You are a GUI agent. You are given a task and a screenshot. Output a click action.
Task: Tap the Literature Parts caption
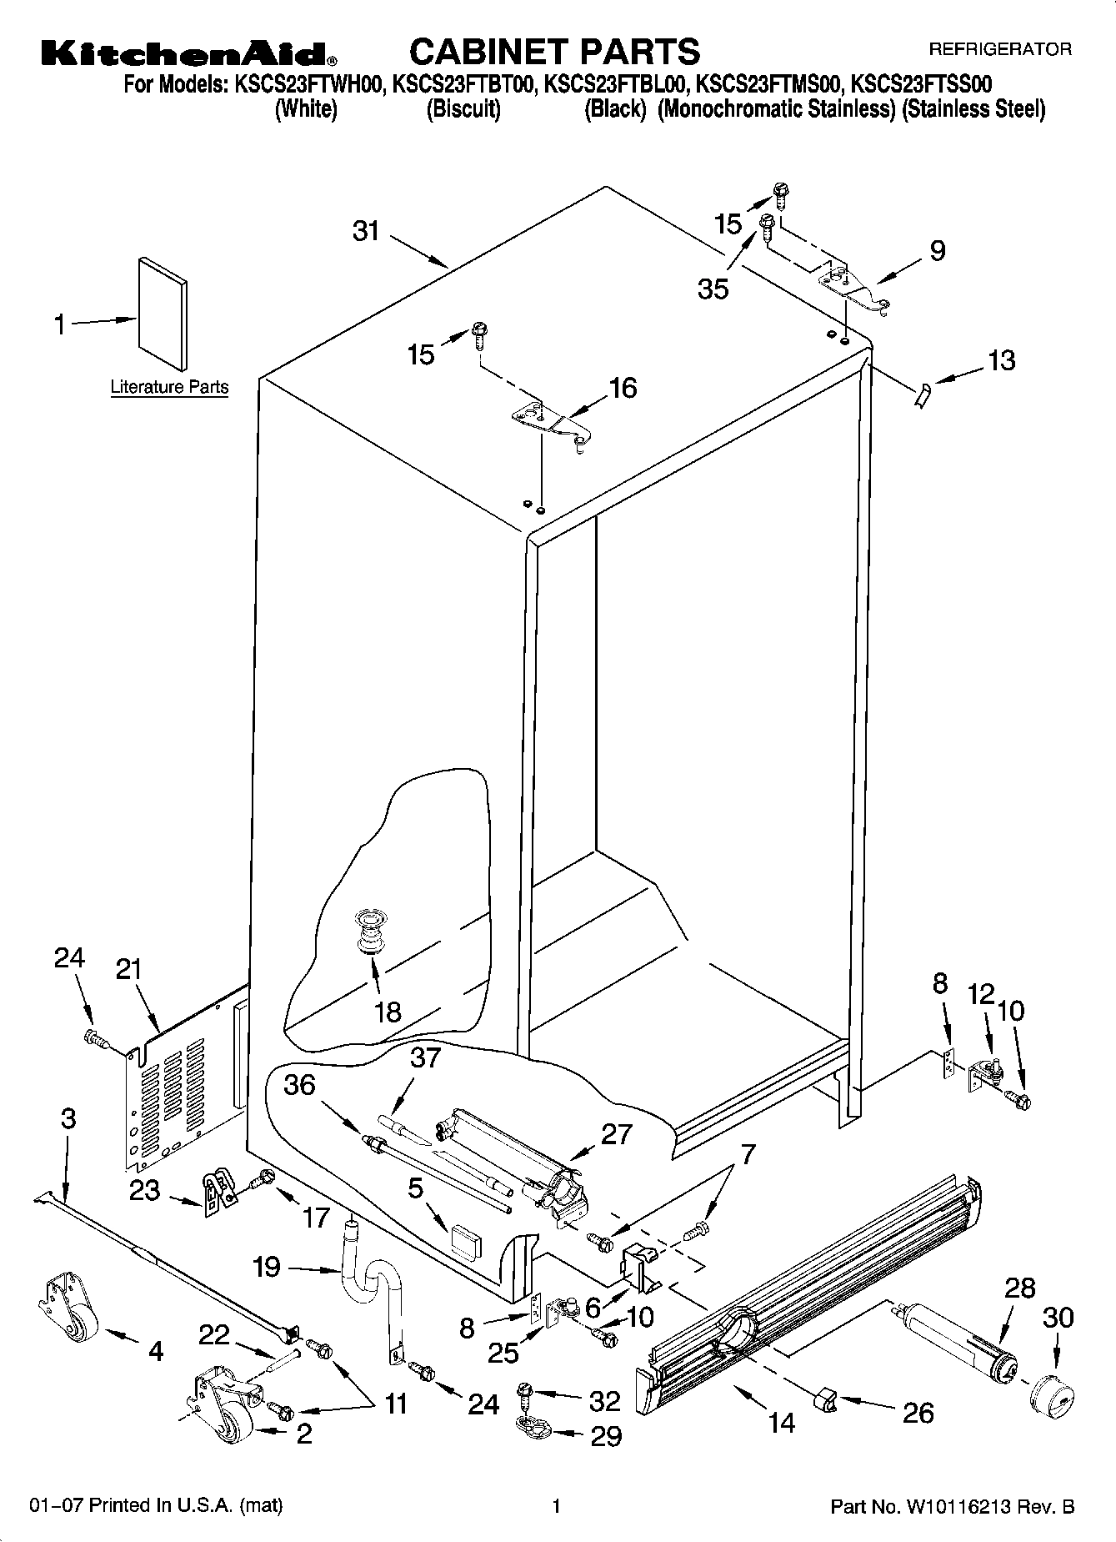169,387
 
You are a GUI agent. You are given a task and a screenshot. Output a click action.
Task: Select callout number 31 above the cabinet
366,231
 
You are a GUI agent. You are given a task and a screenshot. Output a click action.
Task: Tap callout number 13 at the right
1001,360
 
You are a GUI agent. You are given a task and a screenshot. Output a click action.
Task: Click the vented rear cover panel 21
171,1084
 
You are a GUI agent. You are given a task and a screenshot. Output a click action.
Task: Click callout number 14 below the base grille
781,1422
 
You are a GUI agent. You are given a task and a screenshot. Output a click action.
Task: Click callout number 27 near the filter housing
616,1134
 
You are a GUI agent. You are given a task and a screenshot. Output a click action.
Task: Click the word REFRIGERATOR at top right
1000,50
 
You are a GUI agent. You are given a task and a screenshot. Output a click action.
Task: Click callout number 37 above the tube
425,1057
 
